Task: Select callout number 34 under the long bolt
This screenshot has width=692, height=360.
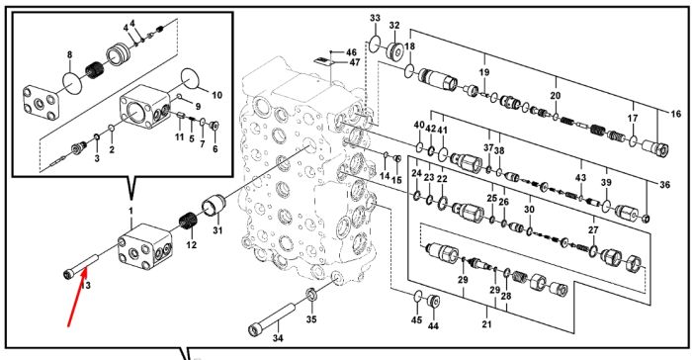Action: (x=278, y=338)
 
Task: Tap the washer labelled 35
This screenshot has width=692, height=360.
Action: (x=310, y=294)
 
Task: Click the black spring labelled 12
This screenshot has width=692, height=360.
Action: (x=187, y=221)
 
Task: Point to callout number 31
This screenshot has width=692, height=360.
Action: (x=217, y=230)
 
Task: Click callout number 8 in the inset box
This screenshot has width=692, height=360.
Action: (x=70, y=55)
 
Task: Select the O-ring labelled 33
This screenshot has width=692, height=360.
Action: (x=375, y=45)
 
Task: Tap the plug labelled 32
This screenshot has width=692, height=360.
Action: (x=394, y=50)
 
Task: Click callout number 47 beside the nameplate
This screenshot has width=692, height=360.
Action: (x=355, y=62)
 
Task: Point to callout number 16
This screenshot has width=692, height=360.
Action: (x=675, y=114)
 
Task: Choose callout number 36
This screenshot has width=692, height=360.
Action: (x=664, y=185)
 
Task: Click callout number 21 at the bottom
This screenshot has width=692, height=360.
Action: (x=486, y=324)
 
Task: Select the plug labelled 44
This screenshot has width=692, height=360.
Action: (x=434, y=302)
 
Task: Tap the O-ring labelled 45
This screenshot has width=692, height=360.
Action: (x=418, y=297)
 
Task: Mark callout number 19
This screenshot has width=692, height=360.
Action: (x=484, y=72)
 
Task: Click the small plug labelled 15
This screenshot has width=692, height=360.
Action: (x=396, y=158)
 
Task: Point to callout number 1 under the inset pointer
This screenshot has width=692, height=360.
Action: (x=130, y=211)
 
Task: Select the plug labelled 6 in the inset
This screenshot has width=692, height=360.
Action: (x=215, y=127)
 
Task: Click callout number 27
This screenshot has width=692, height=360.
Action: (x=593, y=230)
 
